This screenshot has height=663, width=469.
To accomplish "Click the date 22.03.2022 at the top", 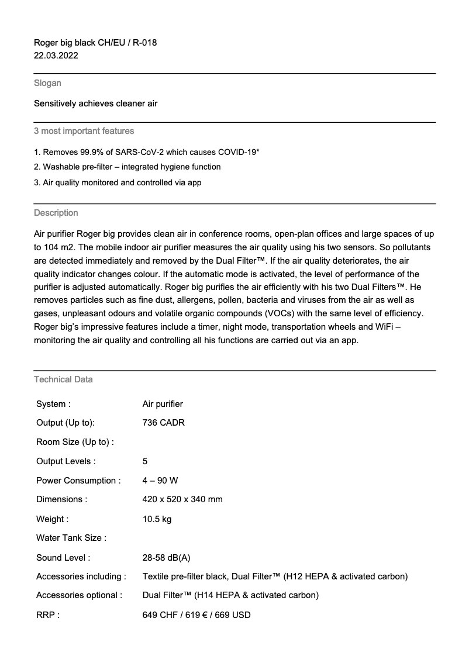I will click(x=56, y=56).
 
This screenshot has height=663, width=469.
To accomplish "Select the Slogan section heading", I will click(x=47, y=83).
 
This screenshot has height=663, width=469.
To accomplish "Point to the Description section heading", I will click(x=56, y=213).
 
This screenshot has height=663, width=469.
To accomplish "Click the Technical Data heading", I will click(x=63, y=379).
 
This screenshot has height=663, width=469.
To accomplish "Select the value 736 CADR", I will click(x=163, y=423).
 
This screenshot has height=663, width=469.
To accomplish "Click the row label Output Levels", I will click(x=65, y=461).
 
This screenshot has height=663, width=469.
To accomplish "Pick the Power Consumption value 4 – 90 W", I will click(x=160, y=481).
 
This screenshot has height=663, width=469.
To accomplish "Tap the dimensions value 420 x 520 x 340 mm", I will click(x=182, y=499).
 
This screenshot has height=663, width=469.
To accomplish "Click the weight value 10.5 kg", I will click(x=157, y=519).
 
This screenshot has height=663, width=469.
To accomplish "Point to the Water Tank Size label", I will click(x=71, y=538).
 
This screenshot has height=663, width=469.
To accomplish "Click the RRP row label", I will click(x=48, y=614).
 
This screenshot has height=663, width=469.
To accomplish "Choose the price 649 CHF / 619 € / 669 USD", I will click(x=196, y=614).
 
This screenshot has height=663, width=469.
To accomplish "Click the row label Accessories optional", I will click(x=79, y=595).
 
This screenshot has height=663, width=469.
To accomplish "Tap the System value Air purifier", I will click(x=163, y=403).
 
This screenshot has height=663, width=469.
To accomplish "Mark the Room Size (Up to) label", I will click(x=75, y=442).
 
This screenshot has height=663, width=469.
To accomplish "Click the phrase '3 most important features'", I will click(x=84, y=131).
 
